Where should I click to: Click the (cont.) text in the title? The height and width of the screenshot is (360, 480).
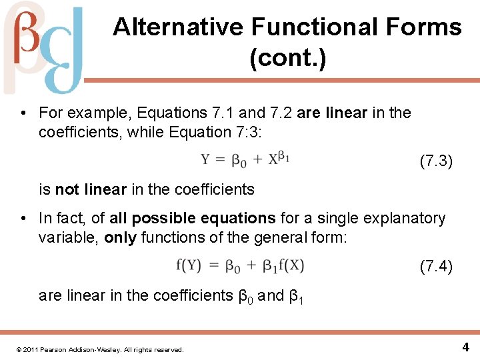(x=287, y=59)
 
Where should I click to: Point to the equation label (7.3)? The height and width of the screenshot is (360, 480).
(x=436, y=161)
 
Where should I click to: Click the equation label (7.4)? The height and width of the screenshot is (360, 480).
(x=436, y=267)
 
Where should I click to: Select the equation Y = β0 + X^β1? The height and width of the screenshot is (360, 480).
(x=245, y=160)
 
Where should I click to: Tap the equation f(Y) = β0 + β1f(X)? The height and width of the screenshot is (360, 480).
(x=240, y=265)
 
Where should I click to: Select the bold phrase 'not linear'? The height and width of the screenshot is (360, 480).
(x=91, y=189)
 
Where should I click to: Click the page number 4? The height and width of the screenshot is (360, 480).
(x=465, y=347)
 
